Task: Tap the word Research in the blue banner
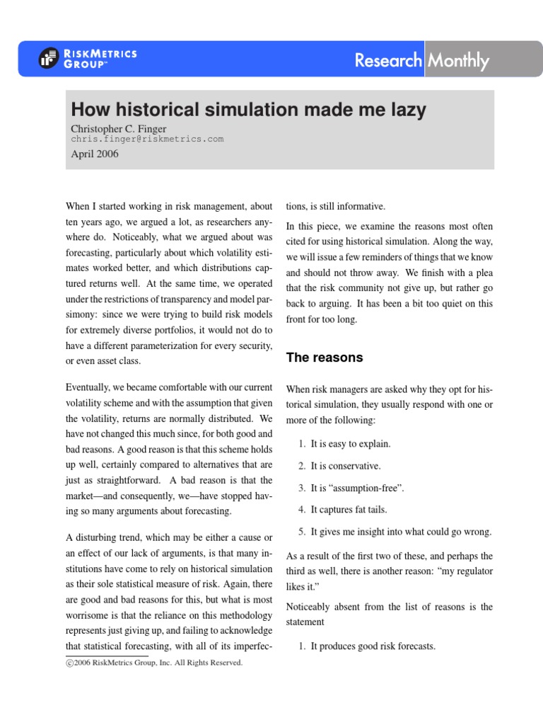click(388, 61)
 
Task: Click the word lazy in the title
click(403, 110)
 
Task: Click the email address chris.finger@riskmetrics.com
click(147, 139)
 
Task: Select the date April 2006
click(95, 154)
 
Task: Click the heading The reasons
click(325, 358)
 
